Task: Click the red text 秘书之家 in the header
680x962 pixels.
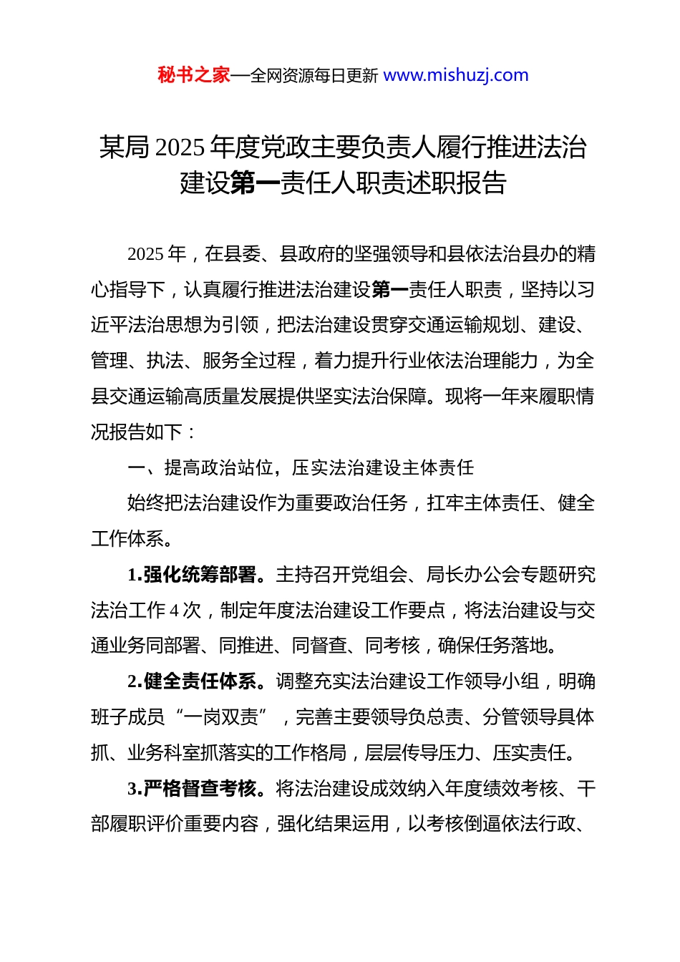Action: coord(193,75)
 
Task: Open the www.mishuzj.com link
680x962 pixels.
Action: coord(456,75)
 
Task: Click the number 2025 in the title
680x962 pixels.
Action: coord(180,147)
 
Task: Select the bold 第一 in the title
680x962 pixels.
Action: coord(255,183)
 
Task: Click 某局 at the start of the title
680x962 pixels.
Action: coord(124,147)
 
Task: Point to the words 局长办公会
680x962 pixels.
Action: coord(473,575)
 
